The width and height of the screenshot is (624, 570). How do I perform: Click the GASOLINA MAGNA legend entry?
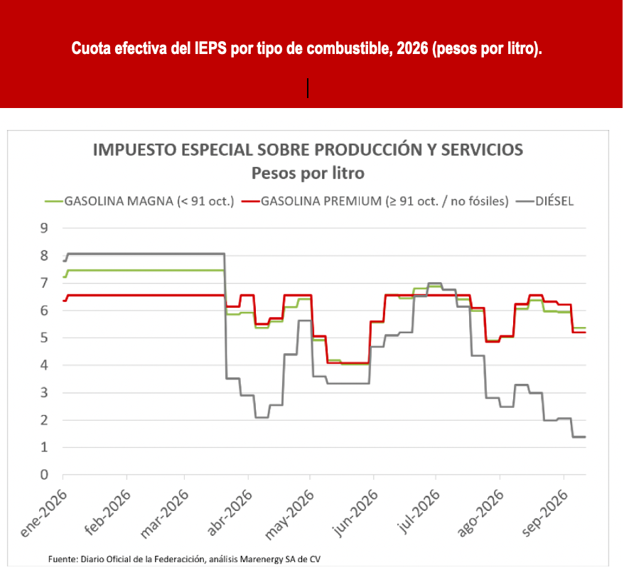coord(139,201)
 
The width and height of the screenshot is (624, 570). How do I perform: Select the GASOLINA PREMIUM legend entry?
coord(375,201)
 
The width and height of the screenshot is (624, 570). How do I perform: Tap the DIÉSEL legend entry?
coord(545,201)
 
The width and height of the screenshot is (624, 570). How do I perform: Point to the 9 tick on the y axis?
coord(44,228)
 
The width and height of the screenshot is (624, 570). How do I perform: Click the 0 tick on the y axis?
coord(44,475)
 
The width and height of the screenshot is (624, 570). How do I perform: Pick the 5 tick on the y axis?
coord(44,338)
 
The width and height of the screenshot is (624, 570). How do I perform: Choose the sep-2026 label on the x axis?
coord(545,512)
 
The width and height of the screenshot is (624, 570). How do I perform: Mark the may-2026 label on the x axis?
coord(289,515)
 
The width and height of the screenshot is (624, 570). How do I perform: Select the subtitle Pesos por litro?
coord(308,173)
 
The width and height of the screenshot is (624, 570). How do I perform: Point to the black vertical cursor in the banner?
coord(308,88)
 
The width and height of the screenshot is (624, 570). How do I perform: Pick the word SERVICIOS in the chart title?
coord(482,150)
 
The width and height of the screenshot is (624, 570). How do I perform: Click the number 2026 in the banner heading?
coord(412,48)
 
